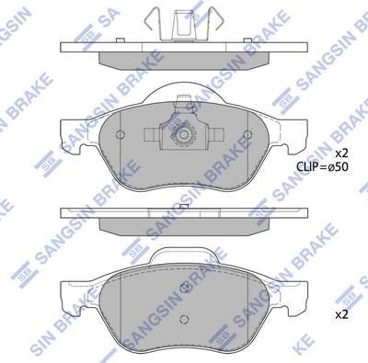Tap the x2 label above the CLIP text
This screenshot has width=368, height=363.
tap(340, 152)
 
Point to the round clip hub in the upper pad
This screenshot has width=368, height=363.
tap(183, 135)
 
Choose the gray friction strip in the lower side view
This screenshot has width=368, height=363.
tap(183, 223)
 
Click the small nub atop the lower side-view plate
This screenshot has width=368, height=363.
tap(183, 204)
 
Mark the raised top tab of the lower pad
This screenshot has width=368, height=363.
tap(183, 252)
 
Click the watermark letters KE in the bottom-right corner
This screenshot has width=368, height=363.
tap(347, 352)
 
